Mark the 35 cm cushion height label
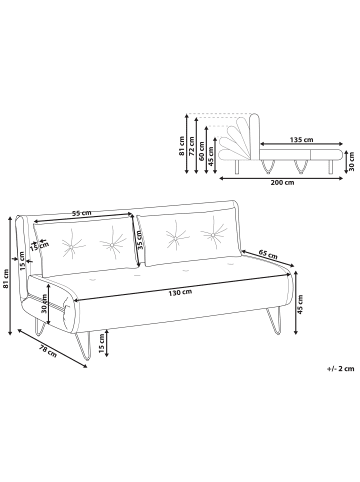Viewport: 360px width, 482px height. pyautogui.click(x=140, y=242)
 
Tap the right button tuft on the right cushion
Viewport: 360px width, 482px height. pyautogui.click(x=212, y=236)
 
